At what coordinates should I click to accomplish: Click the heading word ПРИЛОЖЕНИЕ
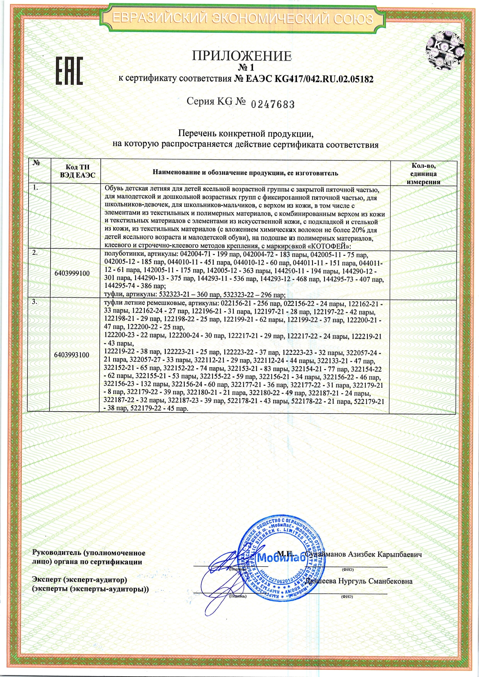click(x=241, y=56)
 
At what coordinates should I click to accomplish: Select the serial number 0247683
click(x=273, y=104)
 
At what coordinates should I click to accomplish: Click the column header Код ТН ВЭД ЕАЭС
click(x=77, y=171)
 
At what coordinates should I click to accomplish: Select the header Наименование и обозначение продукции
click(x=245, y=173)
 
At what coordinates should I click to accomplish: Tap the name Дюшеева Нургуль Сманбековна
click(x=358, y=581)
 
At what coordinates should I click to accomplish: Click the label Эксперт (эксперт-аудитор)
click(x=80, y=579)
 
